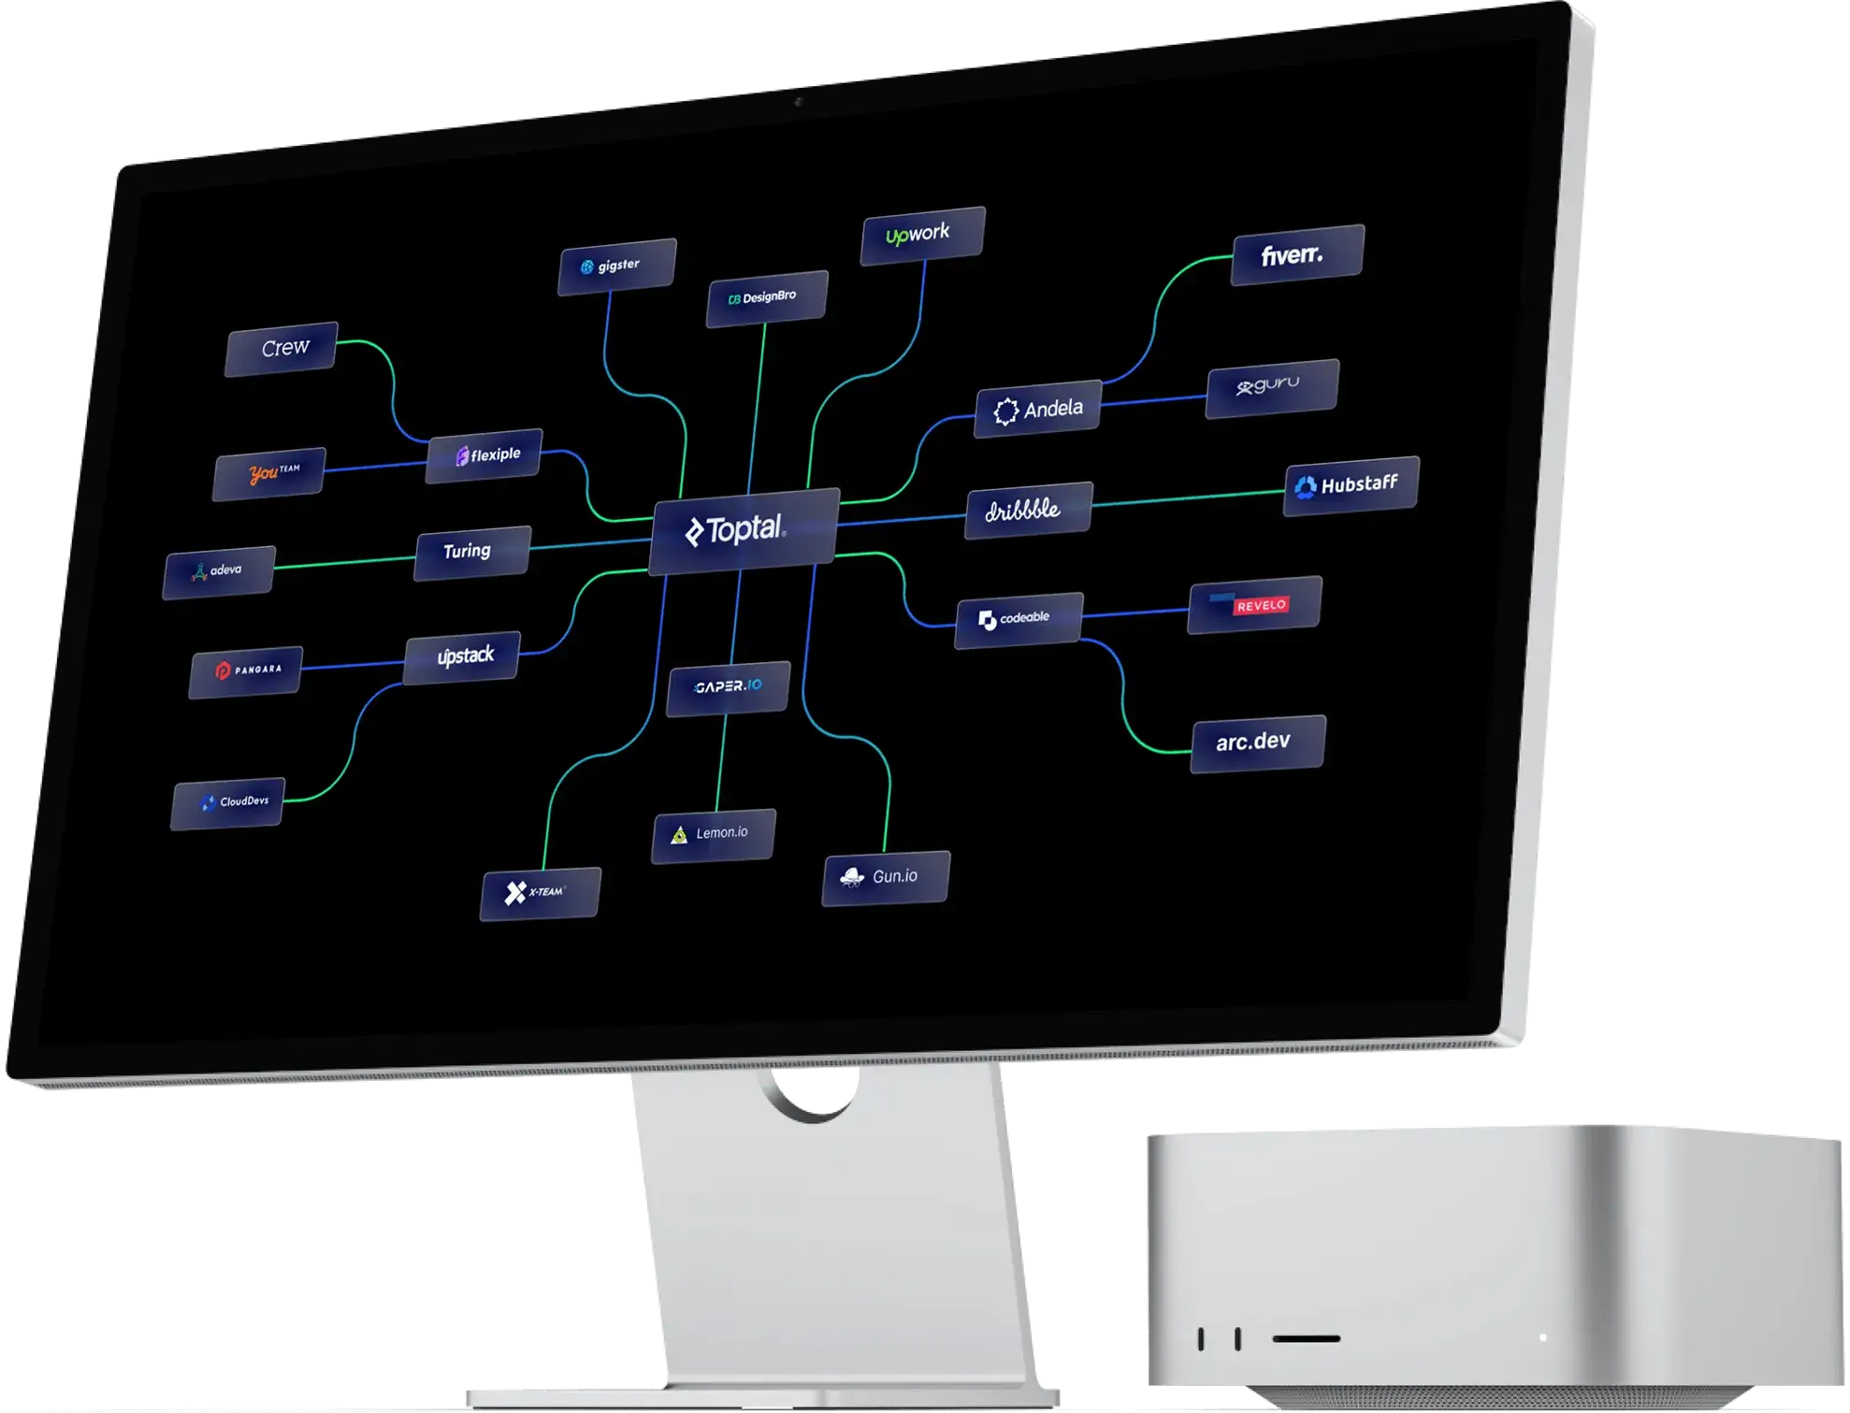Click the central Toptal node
744,530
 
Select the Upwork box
922,234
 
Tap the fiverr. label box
1297,254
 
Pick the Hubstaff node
1351,485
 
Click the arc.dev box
1257,743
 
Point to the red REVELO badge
1261,605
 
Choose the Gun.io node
886,877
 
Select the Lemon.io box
714,834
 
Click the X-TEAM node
540,893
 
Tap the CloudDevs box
228,802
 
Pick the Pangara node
246,670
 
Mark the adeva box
219,571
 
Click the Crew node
282,348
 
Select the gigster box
616,267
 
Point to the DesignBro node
766,298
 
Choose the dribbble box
1028,510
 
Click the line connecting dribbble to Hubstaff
1188,497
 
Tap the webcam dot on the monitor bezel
798,101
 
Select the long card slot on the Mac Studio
1306,1338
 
